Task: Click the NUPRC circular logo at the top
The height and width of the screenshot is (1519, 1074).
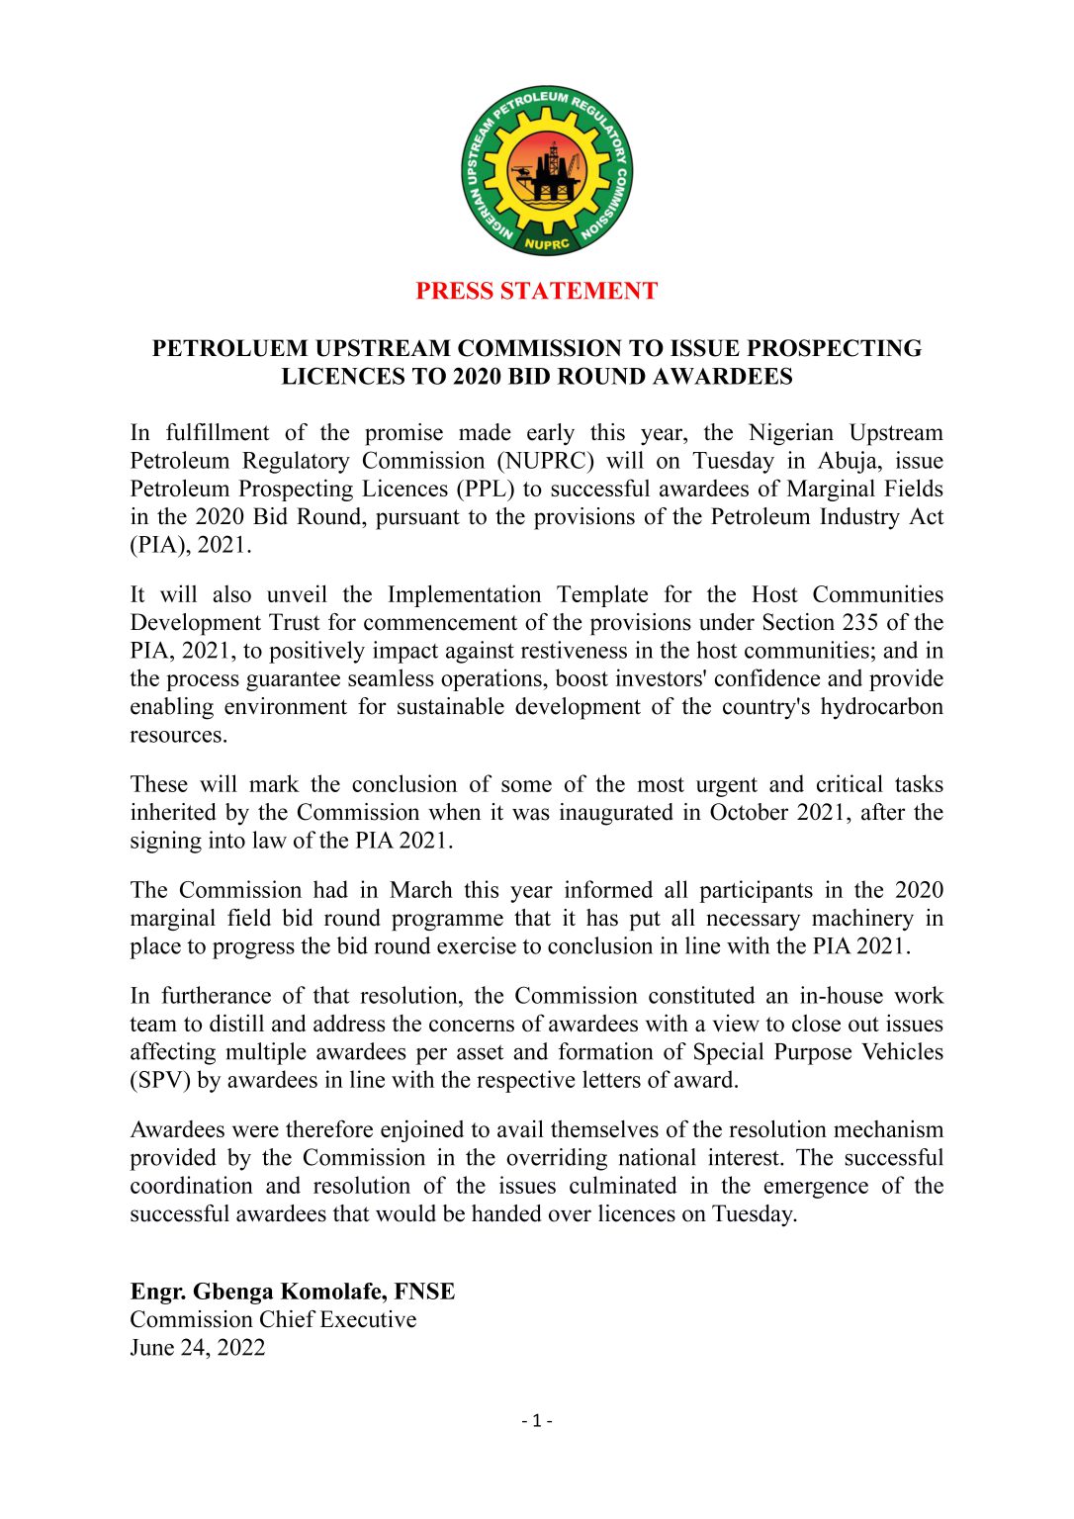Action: pos(547,170)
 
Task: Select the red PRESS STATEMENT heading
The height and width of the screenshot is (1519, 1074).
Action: pos(536,291)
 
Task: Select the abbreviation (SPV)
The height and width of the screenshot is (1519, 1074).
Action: pos(160,1080)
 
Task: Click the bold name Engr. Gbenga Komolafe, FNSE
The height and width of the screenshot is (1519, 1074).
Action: pos(293,1292)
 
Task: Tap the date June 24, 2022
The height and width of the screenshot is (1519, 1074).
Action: pos(198,1348)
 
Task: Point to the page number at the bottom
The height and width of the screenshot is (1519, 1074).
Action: pos(537,1421)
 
